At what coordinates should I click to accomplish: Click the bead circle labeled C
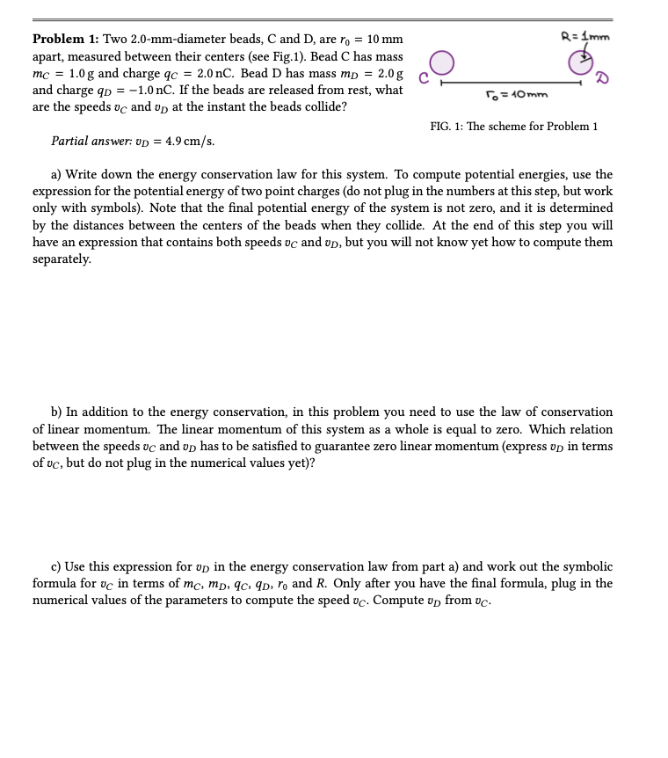click(441, 62)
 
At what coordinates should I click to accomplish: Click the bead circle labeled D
click(579, 62)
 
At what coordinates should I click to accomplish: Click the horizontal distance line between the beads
click(510, 84)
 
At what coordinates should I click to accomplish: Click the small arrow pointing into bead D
click(582, 58)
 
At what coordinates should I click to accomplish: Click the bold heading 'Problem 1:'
click(66, 40)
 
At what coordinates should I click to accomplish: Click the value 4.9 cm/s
click(190, 141)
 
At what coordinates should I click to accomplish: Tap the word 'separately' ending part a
click(61, 259)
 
